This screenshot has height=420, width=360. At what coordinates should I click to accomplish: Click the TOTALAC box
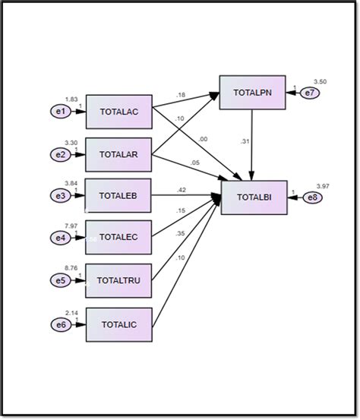119,112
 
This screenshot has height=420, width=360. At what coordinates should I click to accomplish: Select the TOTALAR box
119,154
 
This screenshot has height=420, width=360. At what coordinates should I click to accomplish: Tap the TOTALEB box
119,195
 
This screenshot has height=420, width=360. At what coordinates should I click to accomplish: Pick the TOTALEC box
119,238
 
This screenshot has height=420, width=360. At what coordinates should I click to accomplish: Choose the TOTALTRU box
119,280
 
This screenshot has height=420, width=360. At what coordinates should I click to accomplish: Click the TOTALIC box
119,325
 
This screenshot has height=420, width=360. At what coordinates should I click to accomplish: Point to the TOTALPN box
252,93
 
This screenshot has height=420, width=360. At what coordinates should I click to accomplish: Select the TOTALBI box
252,197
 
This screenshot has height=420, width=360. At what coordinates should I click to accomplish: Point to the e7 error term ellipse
310,93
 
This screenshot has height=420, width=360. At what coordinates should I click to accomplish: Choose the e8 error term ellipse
312,197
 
